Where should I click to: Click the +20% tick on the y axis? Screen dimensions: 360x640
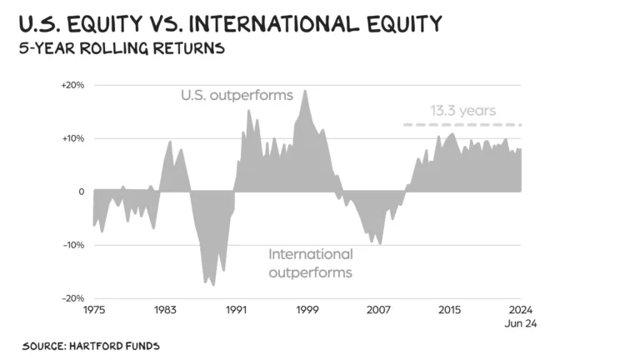[72, 85]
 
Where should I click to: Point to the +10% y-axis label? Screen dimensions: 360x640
[72, 138]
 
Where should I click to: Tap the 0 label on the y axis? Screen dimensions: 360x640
[81, 192]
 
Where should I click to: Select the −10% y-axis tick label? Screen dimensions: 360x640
[72, 245]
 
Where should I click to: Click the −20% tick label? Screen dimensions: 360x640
[72, 298]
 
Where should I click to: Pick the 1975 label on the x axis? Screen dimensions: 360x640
[93, 310]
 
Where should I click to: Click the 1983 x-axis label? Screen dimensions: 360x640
[165, 310]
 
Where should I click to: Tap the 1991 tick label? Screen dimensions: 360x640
[236, 310]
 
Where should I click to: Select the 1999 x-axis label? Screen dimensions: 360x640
[307, 310]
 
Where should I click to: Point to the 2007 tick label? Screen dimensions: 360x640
[378, 310]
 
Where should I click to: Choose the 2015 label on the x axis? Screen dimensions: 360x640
[450, 310]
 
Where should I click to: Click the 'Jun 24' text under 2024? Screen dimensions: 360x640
[521, 323]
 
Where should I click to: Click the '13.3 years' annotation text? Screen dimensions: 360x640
[462, 110]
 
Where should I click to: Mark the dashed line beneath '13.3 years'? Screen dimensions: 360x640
[462, 125]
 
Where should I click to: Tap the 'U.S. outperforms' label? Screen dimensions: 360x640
[237, 95]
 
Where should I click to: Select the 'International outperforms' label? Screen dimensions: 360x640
[310, 263]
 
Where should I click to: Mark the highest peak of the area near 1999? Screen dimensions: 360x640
[306, 90]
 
